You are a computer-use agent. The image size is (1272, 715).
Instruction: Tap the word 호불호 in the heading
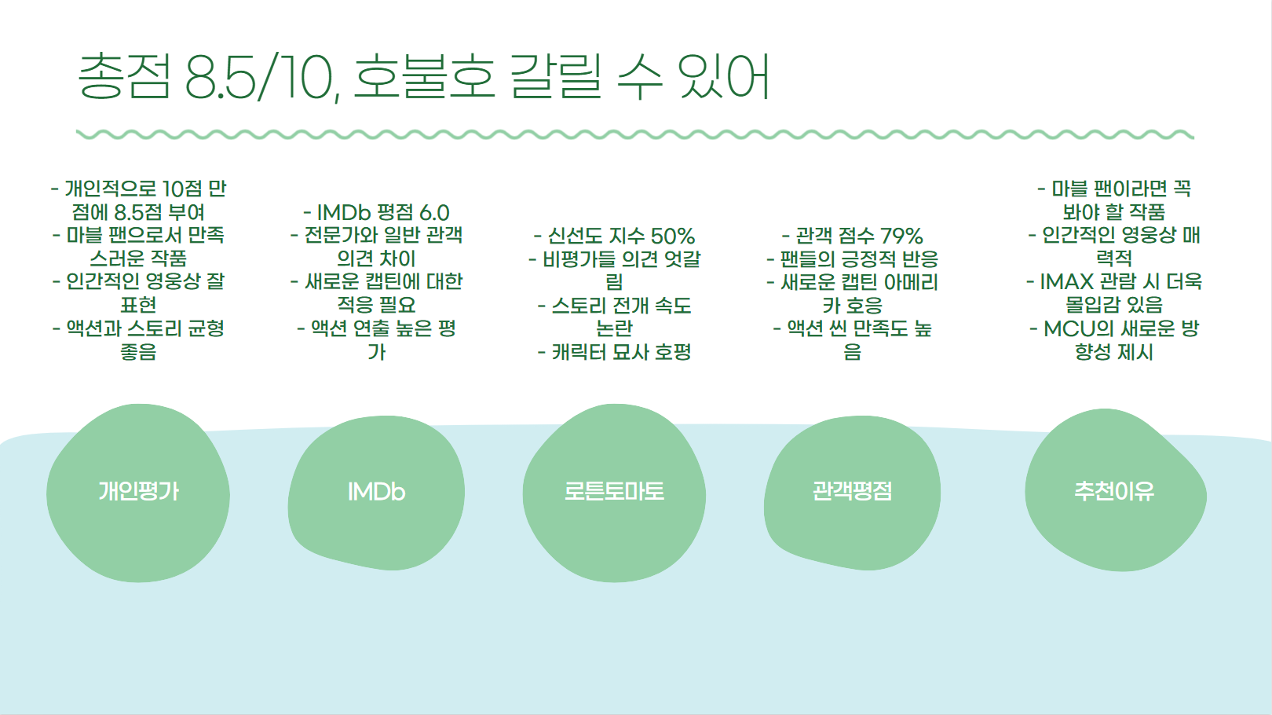coord(424,78)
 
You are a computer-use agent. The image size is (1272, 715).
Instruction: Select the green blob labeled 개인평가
coord(138,493)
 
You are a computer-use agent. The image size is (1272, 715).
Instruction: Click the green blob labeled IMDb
coord(376,493)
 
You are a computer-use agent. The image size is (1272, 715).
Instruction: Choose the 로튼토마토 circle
coord(614,493)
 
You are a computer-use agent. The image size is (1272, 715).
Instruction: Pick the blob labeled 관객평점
coord(852,493)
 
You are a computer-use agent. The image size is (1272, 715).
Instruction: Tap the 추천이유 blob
coord(1114,493)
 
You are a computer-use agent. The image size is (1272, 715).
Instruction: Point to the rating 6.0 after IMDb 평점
coord(434,213)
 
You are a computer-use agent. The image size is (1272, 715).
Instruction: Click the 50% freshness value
coord(673,236)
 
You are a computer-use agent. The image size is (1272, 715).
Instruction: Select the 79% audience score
coord(901,236)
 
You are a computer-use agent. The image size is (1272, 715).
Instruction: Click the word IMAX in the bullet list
coord(1066,282)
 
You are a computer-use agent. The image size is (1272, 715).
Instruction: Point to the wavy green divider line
coord(634,135)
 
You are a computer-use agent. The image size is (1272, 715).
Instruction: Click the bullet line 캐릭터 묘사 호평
coord(614,352)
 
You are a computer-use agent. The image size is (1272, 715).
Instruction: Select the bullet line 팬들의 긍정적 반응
coord(852,259)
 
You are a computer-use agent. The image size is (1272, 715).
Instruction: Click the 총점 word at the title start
coord(124,78)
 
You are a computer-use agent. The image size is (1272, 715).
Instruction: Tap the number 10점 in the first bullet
coord(182,189)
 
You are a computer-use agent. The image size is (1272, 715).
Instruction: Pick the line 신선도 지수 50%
coord(614,236)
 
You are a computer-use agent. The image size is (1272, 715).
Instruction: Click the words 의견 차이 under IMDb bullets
coord(376,259)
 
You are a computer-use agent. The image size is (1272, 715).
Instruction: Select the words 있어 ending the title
coord(724,78)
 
